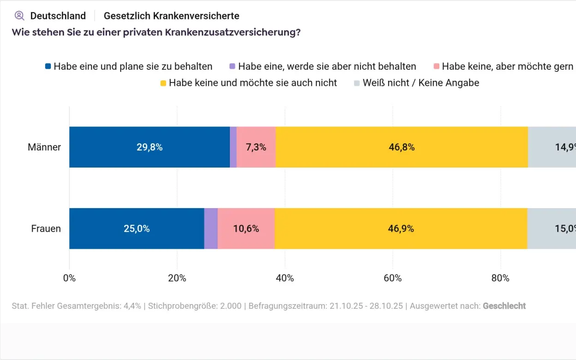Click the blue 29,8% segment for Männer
click(x=150, y=147)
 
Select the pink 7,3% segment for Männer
click(x=256, y=147)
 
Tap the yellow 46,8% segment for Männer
click(x=402, y=147)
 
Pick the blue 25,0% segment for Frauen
click(x=137, y=228)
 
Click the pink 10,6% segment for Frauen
click(x=246, y=228)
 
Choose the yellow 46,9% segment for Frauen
click(x=401, y=228)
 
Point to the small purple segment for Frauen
click(x=211, y=228)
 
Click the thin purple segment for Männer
click(x=233, y=147)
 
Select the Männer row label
click(x=44, y=147)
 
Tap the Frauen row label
click(x=46, y=228)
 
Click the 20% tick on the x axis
click(x=177, y=278)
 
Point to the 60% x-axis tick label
click(x=392, y=278)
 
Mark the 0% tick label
click(x=69, y=278)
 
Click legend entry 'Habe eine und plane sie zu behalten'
click(x=133, y=66)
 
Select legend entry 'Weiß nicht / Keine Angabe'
click(x=421, y=83)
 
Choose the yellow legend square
click(x=163, y=83)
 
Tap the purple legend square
click(x=233, y=66)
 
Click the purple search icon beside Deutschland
click(x=19, y=16)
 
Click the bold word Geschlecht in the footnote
click(x=504, y=306)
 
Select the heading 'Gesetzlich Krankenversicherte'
click(x=171, y=16)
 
